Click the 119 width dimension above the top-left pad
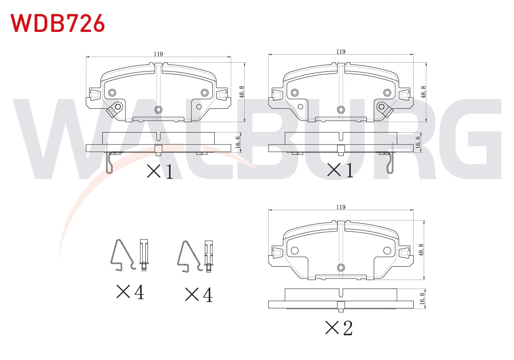coord(158,54)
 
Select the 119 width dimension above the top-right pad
coord(341,52)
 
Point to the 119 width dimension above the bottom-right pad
coord(341,207)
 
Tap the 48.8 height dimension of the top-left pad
coord(242,92)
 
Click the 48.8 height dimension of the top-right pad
coord(424,92)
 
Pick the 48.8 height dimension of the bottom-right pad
coord(421,250)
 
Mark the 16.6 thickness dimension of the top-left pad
coord(238,142)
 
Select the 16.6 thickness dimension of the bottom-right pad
coord(422,298)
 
